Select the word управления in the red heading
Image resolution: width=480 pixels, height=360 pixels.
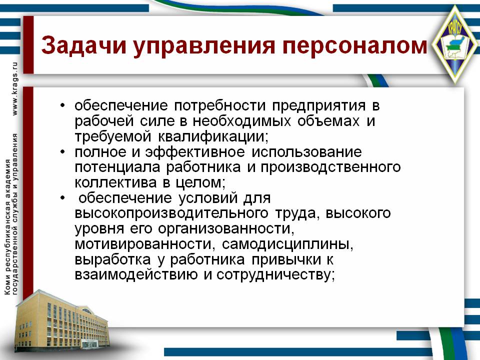pyautogui.click(x=204, y=46)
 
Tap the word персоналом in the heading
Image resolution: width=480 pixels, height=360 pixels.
pyautogui.click(x=354, y=46)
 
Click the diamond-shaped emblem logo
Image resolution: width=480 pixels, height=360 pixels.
pyautogui.click(x=455, y=44)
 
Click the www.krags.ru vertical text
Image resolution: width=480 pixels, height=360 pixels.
pyautogui.click(x=14, y=89)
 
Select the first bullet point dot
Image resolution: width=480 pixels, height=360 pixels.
pyautogui.click(x=63, y=105)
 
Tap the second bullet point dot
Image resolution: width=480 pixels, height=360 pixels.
pyautogui.click(x=63, y=152)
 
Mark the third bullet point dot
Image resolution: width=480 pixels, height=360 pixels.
pyautogui.click(x=63, y=198)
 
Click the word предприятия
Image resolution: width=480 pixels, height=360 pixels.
pyautogui.click(x=318, y=106)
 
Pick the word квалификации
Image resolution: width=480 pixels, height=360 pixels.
pyautogui.click(x=213, y=137)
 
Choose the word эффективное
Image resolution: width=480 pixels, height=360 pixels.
pyautogui.click(x=195, y=152)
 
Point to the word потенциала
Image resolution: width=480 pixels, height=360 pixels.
pyautogui.click(x=117, y=168)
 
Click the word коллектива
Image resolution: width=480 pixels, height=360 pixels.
pyautogui.click(x=115, y=183)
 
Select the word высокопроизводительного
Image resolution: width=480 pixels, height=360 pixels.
pyautogui.click(x=171, y=213)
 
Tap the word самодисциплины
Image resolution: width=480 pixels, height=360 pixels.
pyautogui.click(x=287, y=244)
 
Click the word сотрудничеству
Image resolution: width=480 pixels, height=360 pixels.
pyautogui.click(x=276, y=275)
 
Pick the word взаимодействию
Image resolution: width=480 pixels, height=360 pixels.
pyautogui.click(x=136, y=275)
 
